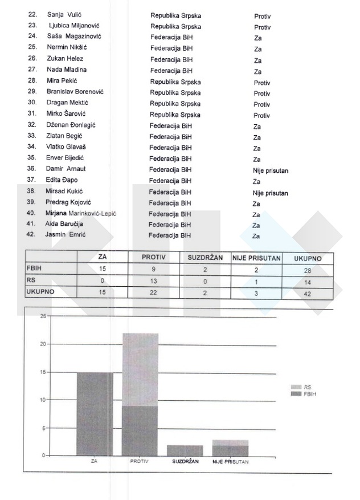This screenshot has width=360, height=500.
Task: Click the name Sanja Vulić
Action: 63,16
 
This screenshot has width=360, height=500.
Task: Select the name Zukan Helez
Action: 65,59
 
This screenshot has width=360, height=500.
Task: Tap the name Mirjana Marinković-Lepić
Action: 81,213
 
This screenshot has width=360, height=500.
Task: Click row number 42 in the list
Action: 31,235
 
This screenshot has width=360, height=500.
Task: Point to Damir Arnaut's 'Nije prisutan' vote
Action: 271,170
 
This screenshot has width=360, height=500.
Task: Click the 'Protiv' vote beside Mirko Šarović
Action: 261,115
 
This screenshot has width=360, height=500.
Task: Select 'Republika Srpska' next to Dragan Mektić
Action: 175,104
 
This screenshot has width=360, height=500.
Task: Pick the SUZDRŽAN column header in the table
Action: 204,258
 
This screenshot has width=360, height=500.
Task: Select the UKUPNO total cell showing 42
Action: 308,292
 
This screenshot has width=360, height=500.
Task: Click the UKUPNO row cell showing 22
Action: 153,292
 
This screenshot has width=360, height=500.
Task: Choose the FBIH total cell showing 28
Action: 308,269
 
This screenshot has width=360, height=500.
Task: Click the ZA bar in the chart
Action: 95,413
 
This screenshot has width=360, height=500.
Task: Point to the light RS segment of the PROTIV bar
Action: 140,369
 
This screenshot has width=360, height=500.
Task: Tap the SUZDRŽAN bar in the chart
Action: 185,450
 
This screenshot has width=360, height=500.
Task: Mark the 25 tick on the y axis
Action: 42,316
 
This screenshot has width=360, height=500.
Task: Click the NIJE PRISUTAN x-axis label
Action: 230,461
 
